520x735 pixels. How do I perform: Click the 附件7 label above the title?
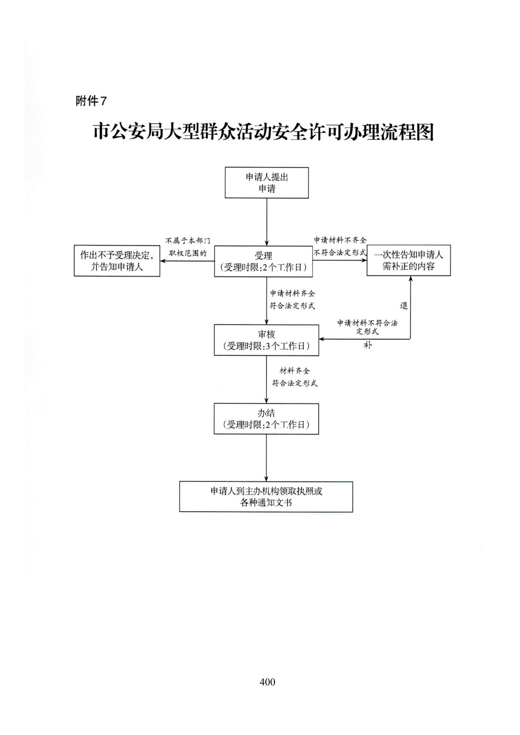tap(91, 101)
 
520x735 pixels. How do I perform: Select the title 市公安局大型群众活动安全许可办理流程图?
tap(263, 132)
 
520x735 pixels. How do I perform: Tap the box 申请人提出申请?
tap(267, 183)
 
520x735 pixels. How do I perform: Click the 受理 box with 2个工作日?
tap(263, 261)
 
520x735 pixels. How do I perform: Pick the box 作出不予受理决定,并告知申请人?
tap(117, 261)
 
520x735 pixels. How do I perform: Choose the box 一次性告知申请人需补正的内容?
tap(408, 260)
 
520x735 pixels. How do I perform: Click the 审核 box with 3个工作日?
tap(266, 340)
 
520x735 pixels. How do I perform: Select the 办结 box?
tap(266, 419)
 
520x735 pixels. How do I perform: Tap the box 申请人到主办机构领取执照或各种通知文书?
tap(266, 497)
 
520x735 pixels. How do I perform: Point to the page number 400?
tap(268, 682)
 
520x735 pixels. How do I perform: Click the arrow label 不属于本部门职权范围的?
tap(187, 247)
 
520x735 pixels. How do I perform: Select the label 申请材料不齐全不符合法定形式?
tap(340, 246)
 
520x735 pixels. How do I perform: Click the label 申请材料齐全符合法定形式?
tap(292, 300)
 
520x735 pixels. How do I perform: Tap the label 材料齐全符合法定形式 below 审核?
tap(295, 377)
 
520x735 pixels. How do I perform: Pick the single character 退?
tap(403, 305)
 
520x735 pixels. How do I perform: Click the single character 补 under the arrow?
tap(368, 346)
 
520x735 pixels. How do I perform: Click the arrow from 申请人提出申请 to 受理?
tap(267, 222)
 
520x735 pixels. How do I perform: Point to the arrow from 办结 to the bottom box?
tap(266, 458)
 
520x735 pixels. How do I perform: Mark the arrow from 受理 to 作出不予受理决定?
tap(187, 261)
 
